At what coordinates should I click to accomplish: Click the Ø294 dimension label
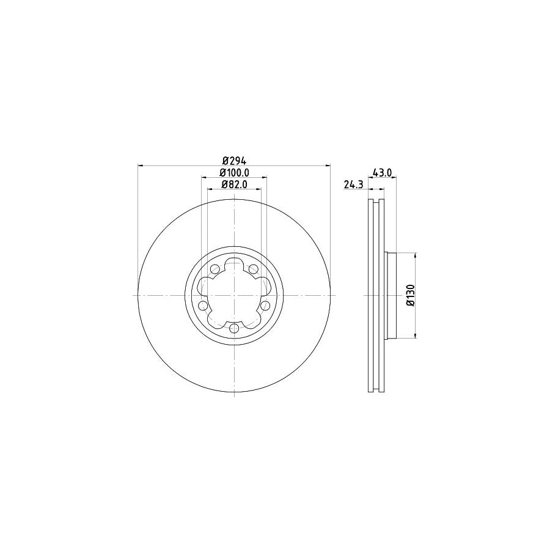pos(233,160)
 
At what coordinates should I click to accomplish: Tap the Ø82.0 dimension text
pos(234,184)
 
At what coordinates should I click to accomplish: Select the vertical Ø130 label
pos(411,295)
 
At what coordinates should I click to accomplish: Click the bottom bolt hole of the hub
pos(234,329)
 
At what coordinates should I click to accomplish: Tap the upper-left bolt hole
pos(215,269)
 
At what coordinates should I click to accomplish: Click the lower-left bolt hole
pos(203,306)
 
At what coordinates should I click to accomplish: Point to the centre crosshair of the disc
pos(234,295)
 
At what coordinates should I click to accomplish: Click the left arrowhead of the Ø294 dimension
pos(142,166)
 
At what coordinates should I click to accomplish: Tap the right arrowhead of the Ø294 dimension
pos(327,166)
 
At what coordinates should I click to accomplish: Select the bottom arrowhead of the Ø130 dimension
pos(416,334)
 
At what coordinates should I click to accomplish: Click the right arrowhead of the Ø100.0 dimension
pos(263,178)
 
